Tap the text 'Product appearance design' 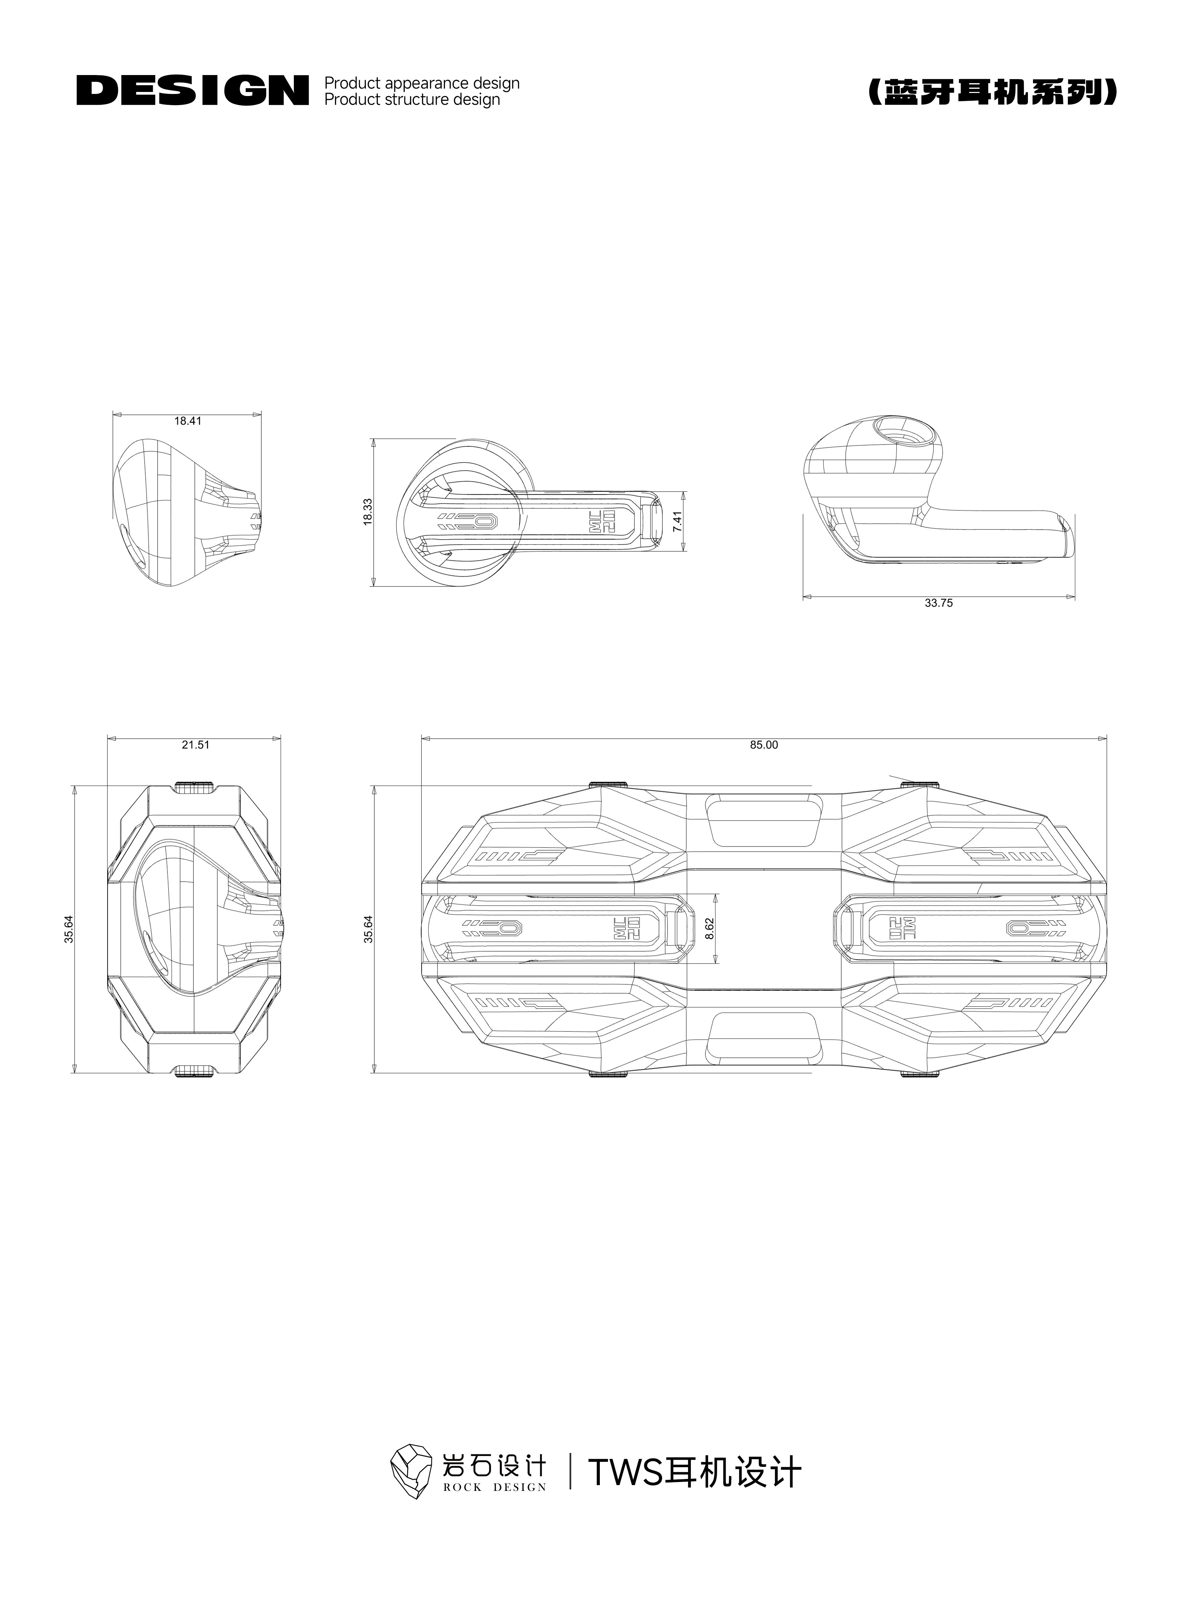422,83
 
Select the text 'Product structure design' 412,100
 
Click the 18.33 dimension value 368,511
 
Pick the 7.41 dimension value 677,522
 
